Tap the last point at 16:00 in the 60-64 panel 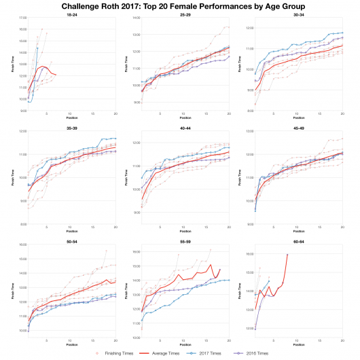click(287, 254)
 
